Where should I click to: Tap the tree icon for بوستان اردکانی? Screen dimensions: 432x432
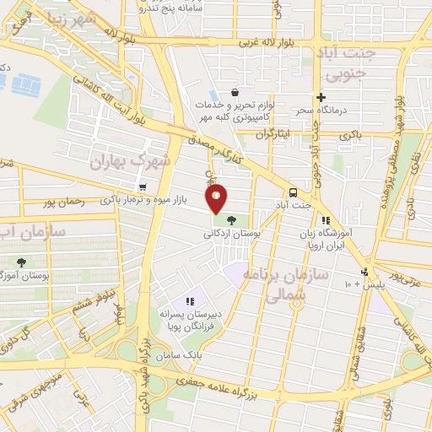coord(231,220)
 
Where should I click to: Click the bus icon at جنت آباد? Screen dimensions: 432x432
coord(292,192)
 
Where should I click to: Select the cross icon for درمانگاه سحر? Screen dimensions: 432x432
coord(320,97)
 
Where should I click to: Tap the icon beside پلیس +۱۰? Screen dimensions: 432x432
coord(364,272)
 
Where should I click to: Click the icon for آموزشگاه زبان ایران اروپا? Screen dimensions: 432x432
coord(326,220)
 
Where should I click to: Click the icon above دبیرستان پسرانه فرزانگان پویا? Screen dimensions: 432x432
coord(190,300)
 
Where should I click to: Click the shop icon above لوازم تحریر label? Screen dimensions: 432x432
coord(234,93)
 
